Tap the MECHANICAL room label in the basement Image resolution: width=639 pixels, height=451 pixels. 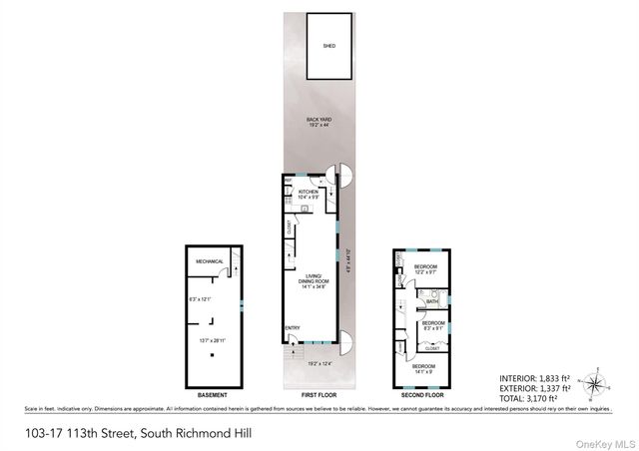209,260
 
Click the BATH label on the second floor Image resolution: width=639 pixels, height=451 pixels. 432,300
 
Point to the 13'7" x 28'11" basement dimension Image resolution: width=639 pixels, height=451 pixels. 211,340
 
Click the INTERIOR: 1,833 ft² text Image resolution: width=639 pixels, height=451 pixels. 536,377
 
